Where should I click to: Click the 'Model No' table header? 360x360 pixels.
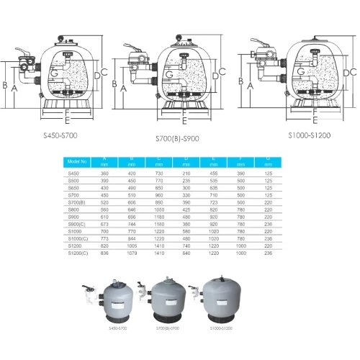point(77,163)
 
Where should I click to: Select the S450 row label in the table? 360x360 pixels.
point(73,173)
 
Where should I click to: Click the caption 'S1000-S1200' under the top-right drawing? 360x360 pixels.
point(307,134)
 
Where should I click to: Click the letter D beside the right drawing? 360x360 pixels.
point(349,72)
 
